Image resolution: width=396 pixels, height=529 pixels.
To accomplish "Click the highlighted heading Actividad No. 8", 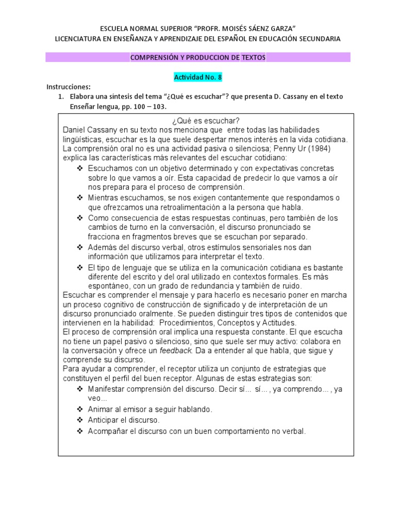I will tap(197, 77).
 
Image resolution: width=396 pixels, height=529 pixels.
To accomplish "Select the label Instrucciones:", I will tap(69, 87).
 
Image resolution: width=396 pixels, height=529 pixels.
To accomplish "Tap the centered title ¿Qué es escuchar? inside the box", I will tap(197, 120).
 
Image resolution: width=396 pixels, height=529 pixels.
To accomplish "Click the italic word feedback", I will tap(176, 351).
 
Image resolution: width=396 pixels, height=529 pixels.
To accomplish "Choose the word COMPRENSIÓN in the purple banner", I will tap(154, 57).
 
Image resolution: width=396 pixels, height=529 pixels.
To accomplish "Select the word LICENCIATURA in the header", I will tap(80, 39).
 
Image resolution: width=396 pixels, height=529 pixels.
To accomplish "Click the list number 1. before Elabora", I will tap(61, 97).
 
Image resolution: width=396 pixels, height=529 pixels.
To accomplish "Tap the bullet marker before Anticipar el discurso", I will tap(79, 420).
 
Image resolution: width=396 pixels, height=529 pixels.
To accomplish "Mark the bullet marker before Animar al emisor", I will tap(79, 409).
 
